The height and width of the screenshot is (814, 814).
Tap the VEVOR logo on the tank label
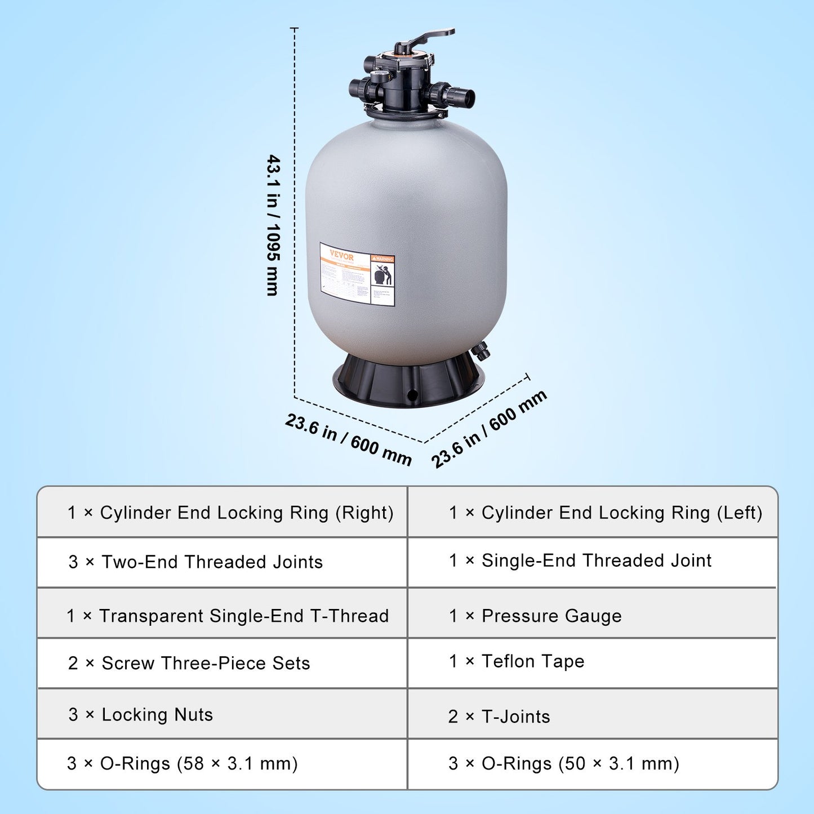pos(341,255)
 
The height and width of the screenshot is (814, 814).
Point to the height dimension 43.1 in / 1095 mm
pos(274,225)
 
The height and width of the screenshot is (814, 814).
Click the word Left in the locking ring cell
pos(739,513)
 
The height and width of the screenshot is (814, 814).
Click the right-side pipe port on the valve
pos(456,94)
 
